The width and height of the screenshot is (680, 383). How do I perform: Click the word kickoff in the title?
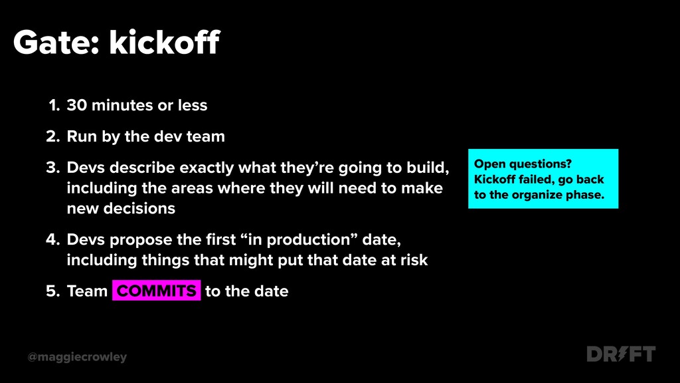[x=165, y=42]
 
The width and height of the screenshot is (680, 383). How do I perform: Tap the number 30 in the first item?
[x=77, y=105]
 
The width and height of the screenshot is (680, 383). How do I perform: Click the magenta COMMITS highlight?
[x=157, y=291]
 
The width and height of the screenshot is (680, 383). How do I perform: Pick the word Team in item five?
[x=87, y=291]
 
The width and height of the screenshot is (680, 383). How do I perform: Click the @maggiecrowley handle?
[x=77, y=357]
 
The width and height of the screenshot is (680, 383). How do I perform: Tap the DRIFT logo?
[x=621, y=354]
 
